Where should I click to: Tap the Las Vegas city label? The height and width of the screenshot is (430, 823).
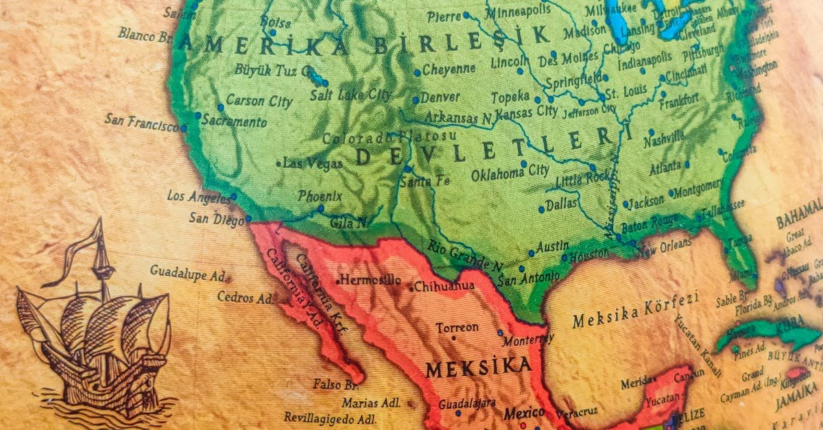313,164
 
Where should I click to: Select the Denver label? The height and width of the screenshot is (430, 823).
440,97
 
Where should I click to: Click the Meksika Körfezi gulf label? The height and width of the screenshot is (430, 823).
635,310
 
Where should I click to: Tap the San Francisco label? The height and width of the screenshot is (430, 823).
141,123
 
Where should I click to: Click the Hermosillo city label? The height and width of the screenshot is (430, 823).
370,280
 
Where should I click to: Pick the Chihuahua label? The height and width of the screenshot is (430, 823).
444,285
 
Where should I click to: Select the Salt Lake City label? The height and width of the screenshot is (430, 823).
350,95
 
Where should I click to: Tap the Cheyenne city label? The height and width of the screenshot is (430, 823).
449,69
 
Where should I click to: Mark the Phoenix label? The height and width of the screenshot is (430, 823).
320,196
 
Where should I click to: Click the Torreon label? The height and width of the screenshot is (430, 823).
457,329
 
